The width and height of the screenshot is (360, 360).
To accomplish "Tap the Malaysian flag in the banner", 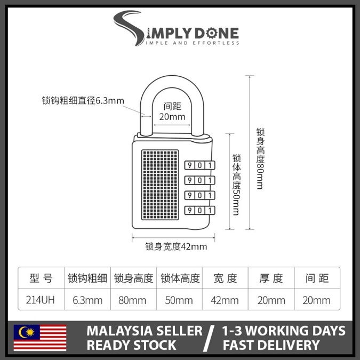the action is point(41,338).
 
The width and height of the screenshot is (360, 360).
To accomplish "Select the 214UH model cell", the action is point(41,300).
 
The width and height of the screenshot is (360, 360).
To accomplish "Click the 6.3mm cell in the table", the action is point(87,300).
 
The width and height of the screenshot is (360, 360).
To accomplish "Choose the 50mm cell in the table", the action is point(179,300).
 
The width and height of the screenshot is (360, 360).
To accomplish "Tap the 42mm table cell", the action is point(225,300).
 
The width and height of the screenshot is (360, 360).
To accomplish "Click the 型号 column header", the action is point(41,278).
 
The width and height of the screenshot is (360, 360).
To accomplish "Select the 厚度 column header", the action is point(271,278).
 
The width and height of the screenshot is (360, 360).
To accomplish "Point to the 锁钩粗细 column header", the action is point(87,278).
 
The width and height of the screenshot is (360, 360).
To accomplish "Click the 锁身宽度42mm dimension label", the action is point(176,246).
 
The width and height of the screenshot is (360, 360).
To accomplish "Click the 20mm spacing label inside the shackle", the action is point(172,117).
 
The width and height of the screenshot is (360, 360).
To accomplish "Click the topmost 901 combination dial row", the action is point(199,165).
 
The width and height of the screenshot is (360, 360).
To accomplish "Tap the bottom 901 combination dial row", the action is point(199,210).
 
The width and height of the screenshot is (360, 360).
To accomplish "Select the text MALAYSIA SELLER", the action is point(145,330).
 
